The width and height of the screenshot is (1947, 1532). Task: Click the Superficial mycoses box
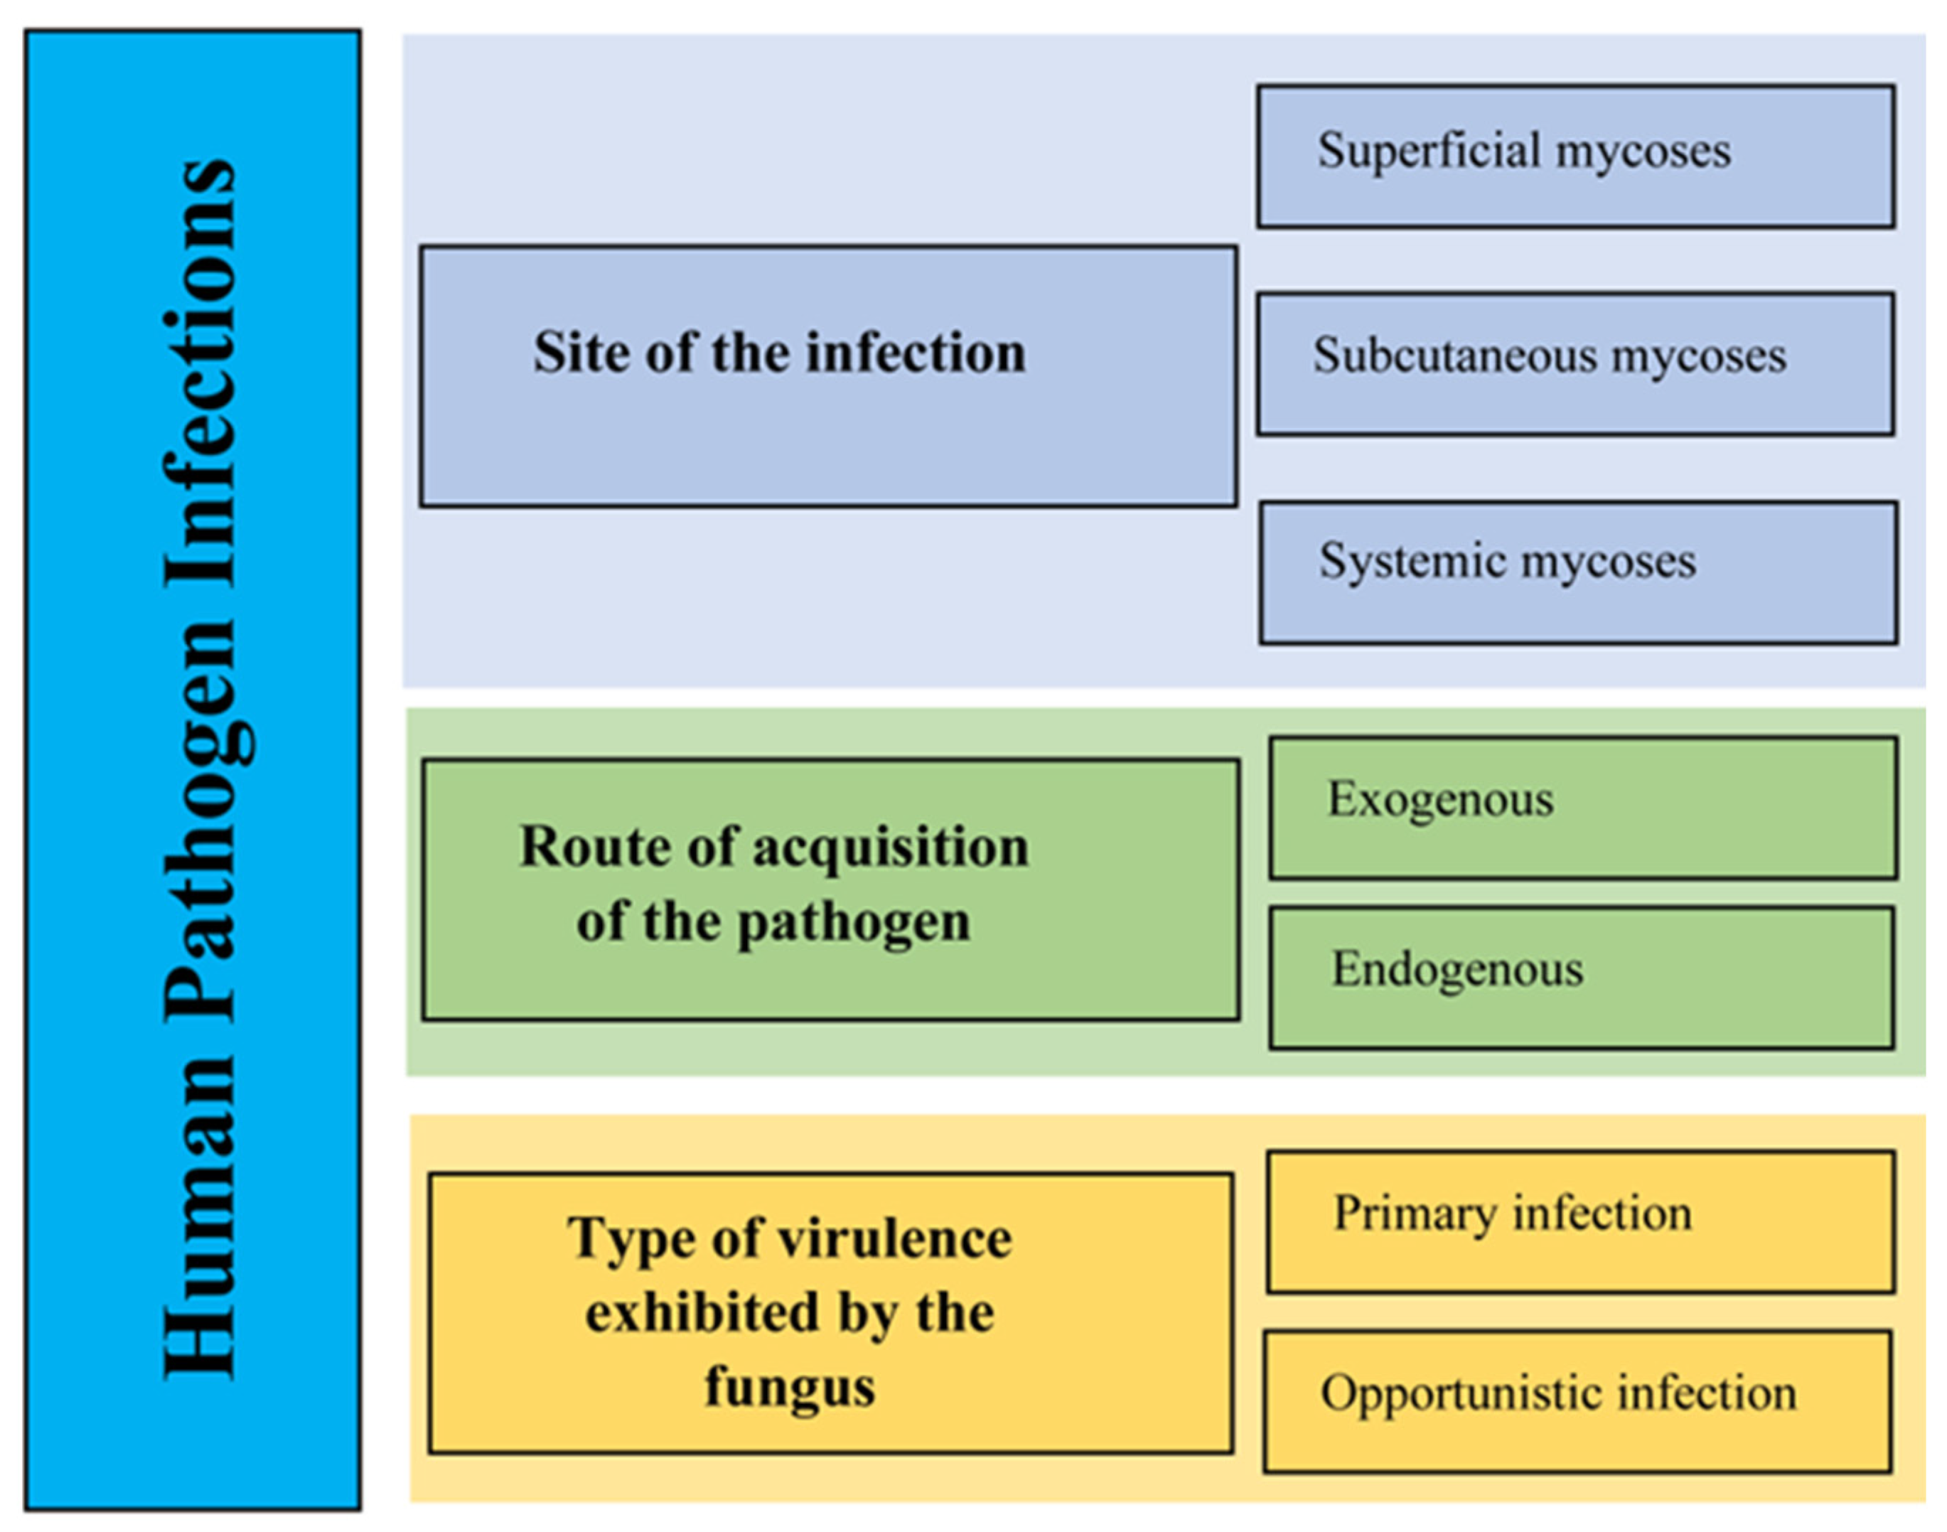(x=1576, y=157)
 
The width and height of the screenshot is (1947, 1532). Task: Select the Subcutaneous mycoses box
(x=1576, y=363)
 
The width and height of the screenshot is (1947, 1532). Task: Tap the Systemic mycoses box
(x=1578, y=572)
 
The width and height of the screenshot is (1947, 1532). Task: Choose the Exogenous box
(x=1583, y=808)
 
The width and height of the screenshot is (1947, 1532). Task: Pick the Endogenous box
(x=1581, y=977)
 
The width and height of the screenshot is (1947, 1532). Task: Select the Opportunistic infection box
(x=1577, y=1401)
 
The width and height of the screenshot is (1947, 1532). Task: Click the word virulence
(x=894, y=1238)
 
